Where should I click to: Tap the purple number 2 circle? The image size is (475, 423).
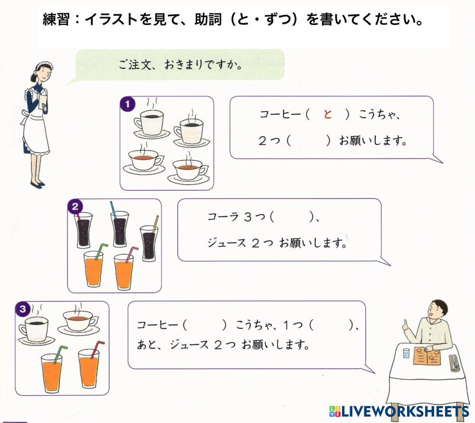tap(75, 206)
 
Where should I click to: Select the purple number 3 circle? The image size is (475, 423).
tap(22, 309)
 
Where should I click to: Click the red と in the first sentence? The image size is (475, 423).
tap(327, 115)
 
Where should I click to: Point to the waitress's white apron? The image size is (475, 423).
tap(36, 128)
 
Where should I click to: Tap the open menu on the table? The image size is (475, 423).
tap(426, 356)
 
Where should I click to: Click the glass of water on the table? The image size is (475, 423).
tap(406, 353)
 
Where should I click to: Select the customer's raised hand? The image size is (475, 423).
tap(407, 326)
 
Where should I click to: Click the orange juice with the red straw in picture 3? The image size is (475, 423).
tap(89, 368)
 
